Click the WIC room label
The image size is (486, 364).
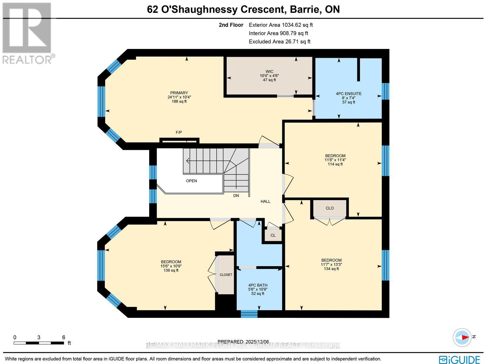coord(269,72)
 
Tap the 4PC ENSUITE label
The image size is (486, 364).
coord(348,94)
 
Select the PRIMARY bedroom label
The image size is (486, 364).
coord(179,93)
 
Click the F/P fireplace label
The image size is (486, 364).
coord(179,132)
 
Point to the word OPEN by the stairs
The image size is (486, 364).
coord(191,181)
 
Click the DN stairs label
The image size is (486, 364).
coord(236,196)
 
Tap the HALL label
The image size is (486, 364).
coord(265,201)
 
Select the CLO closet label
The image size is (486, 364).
coord(330,208)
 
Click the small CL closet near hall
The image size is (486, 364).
coord(273,235)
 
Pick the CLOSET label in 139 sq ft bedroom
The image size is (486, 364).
coord(226,275)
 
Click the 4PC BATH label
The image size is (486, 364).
coord(258,285)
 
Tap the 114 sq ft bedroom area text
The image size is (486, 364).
coord(335,164)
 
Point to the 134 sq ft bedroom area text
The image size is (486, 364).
coord(331,269)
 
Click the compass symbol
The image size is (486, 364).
coord(462,337)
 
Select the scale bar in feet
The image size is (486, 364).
coord(39,343)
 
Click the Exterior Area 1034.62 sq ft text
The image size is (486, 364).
coord(280,25)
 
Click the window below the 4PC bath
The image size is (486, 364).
coord(249,314)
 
